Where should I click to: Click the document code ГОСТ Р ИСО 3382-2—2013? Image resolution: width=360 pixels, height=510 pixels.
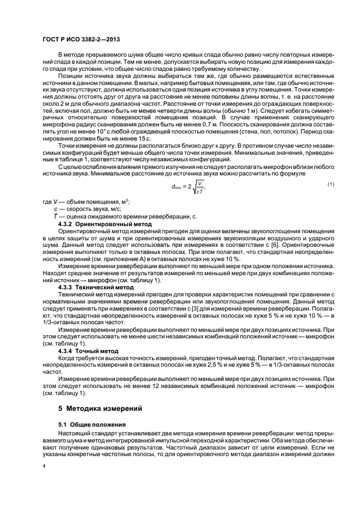[81, 40]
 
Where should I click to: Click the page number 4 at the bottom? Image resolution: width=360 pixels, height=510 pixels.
[45, 466]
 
